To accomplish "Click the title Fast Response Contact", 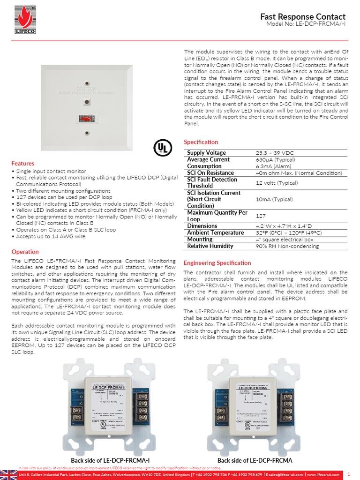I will click(303, 16).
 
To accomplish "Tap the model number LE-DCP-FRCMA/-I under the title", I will click(306, 24).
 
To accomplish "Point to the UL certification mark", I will click(161, 148).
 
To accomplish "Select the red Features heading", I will click(22, 164).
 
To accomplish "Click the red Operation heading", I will click(25, 252).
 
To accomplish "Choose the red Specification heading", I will click(201, 142).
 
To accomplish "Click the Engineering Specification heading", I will click(217, 263).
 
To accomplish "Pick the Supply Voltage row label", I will click(206, 153).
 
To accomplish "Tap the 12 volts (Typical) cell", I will click(277, 183).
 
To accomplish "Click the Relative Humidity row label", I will click(210, 246).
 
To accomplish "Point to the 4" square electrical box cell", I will click(285, 240).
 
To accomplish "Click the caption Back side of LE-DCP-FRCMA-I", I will click(110, 461).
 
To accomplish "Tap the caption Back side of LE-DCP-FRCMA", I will click(255, 461).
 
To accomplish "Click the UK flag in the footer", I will click(8, 474).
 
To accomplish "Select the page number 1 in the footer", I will click(349, 474).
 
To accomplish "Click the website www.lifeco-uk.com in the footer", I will click(323, 475).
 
